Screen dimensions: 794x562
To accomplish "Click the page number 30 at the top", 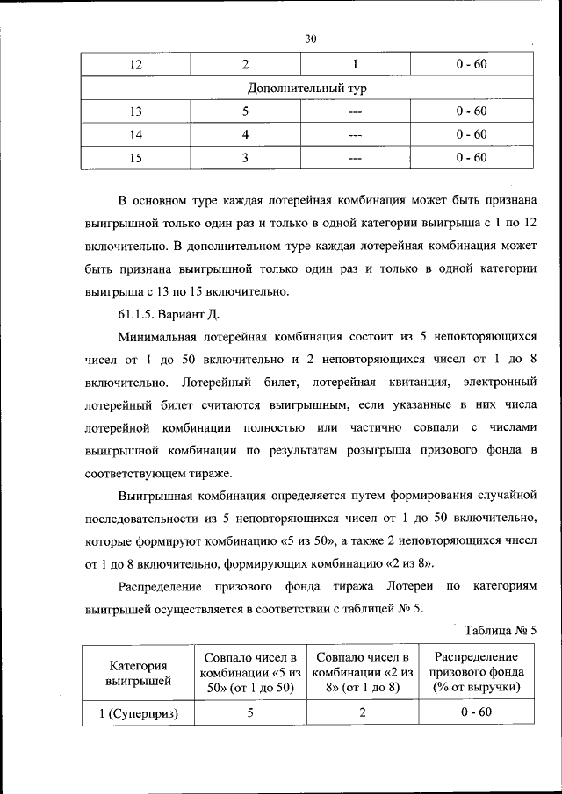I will click(x=310, y=38).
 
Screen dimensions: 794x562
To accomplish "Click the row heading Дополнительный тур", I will click(x=306, y=89).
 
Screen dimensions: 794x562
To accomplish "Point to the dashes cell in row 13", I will click(x=355, y=112).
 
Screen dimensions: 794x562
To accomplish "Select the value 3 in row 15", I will click(x=247, y=158).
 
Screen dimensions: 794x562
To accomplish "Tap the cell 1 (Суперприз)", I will click(x=139, y=712).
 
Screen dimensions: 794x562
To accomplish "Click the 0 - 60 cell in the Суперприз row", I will click(x=476, y=712).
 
